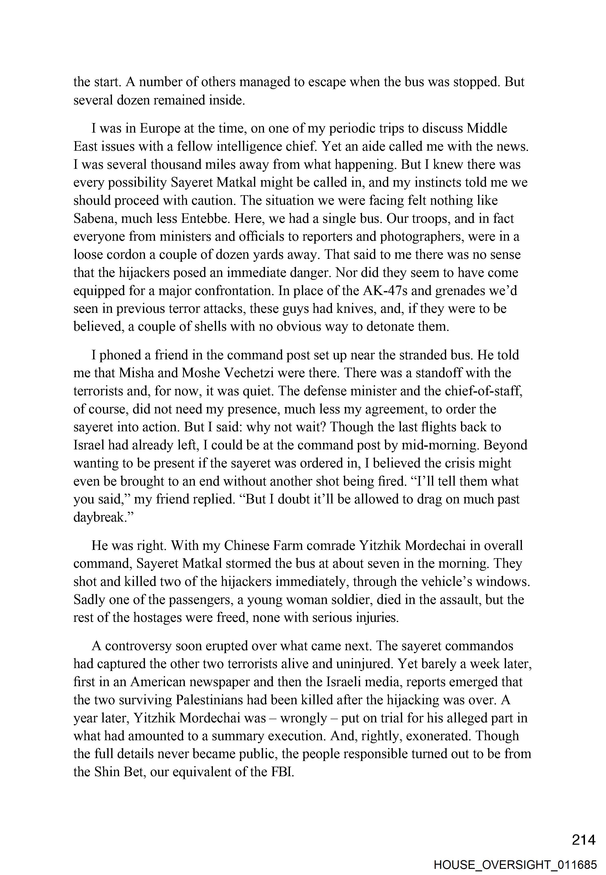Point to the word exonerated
coord(438,736)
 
